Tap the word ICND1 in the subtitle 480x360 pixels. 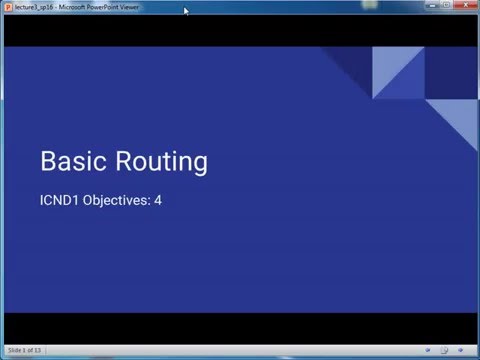click(57, 200)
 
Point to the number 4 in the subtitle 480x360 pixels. click(158, 200)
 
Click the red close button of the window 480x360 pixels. click(463, 6)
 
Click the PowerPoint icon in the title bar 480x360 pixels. click(7, 7)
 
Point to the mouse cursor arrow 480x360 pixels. click(186, 12)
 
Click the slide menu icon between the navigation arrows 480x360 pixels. click(444, 350)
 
